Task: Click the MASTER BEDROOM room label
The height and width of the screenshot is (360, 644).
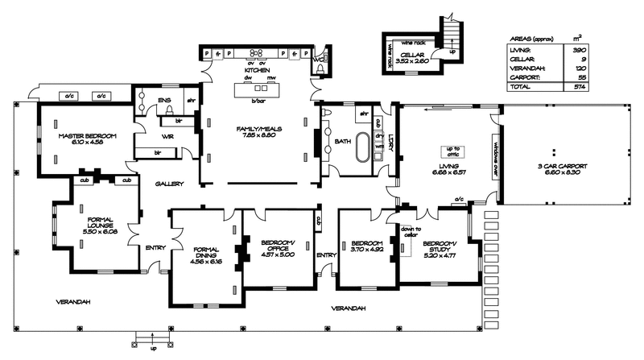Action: pos(83,137)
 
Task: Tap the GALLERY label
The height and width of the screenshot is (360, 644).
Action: pos(170,184)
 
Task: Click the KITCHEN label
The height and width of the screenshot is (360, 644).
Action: pos(256,69)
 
